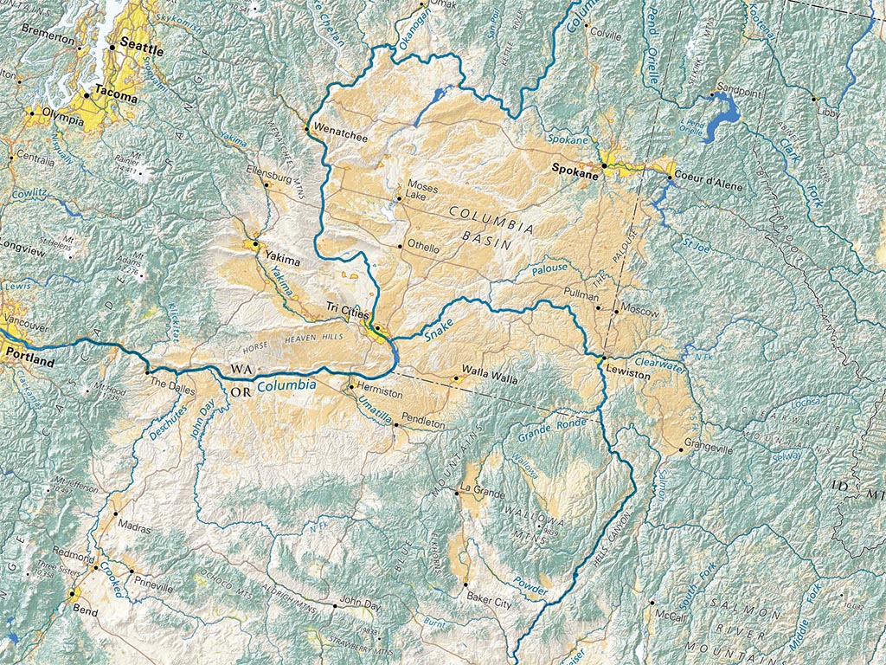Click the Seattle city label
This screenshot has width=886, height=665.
coord(141,42)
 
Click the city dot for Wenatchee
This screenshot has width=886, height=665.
coord(306,130)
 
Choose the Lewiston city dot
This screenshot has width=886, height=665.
coord(603,358)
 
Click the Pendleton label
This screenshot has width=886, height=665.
coord(422,425)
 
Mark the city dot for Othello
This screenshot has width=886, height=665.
coord(400,247)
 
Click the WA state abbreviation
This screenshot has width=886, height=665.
coord(241,371)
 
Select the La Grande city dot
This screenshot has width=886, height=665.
coord(456,494)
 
